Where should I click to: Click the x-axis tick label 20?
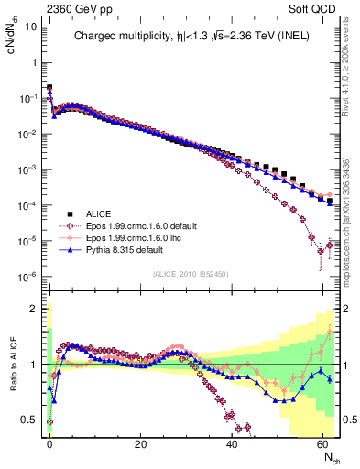point(140,445)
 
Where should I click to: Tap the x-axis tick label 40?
point(231,445)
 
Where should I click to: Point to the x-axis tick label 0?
point(49,445)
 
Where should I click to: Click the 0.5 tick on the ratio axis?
point(31,420)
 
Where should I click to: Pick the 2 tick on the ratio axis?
point(35,309)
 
